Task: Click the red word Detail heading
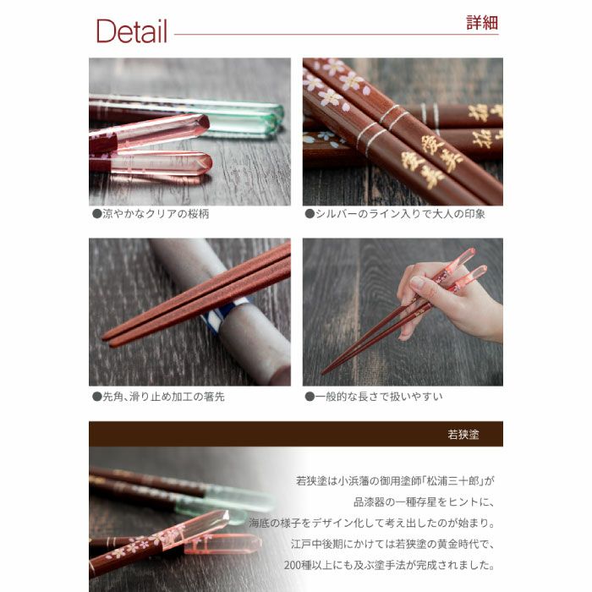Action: click(x=131, y=31)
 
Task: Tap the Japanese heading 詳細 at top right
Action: click(x=482, y=23)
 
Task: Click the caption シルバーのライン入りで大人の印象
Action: click(x=400, y=214)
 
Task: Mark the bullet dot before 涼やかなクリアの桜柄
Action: click(x=96, y=214)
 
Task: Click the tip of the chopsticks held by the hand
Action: click(x=326, y=370)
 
